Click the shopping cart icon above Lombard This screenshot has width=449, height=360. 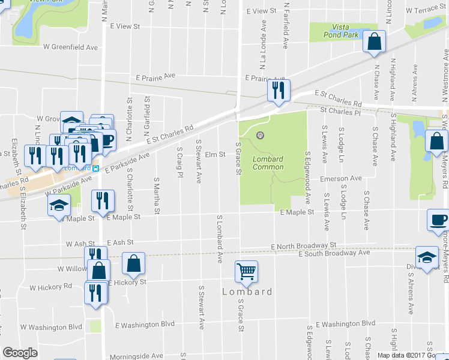coord(246,271)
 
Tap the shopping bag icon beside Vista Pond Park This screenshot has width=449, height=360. coord(374,41)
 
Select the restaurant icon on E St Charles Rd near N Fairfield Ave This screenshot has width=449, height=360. coord(278,90)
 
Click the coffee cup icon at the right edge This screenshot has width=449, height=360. coord(438,220)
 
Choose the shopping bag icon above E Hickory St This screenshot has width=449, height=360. coord(133,263)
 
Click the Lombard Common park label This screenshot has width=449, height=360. coord(268,163)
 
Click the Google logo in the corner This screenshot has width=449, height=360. coord(20,353)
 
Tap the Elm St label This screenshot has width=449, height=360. coord(215,154)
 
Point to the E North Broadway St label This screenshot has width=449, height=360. coord(303,246)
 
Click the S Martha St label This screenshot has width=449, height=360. coord(157,196)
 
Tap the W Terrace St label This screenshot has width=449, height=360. coord(426,11)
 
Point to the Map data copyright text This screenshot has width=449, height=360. coord(412,355)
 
